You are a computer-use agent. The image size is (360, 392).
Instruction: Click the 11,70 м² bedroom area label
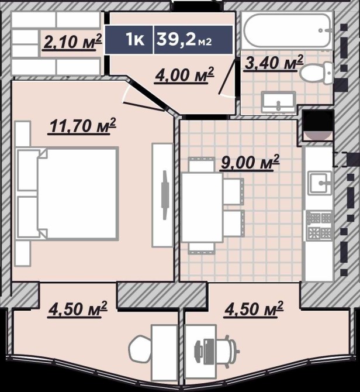(x=82, y=126)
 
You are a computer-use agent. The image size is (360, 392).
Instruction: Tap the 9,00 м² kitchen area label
(x=249, y=163)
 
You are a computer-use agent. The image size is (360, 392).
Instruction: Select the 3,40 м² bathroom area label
(x=274, y=63)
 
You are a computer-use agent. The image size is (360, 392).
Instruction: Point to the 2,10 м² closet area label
(x=72, y=42)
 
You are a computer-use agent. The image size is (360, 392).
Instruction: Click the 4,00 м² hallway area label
(x=185, y=75)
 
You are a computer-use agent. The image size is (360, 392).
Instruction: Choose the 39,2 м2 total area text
(x=185, y=40)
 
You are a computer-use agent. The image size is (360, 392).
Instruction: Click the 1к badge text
(x=135, y=40)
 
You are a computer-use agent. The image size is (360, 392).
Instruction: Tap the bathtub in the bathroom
(x=288, y=30)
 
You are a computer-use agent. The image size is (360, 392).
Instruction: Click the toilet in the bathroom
(x=317, y=73)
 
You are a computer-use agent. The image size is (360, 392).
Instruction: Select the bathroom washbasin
(x=278, y=102)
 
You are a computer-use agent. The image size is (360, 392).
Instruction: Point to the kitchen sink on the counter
(x=321, y=183)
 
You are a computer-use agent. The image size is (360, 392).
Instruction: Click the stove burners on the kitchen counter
(x=319, y=226)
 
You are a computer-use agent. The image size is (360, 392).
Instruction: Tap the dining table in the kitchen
(x=202, y=208)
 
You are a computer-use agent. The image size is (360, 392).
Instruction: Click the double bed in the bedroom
(x=67, y=194)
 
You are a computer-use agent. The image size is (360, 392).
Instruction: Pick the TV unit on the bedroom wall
(x=162, y=195)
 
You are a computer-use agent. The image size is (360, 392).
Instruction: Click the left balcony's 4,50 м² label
(x=78, y=310)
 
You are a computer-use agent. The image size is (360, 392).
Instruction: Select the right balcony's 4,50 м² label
(x=254, y=310)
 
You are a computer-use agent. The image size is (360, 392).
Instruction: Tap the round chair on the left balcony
(x=140, y=350)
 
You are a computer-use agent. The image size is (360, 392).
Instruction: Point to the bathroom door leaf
(x=227, y=78)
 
